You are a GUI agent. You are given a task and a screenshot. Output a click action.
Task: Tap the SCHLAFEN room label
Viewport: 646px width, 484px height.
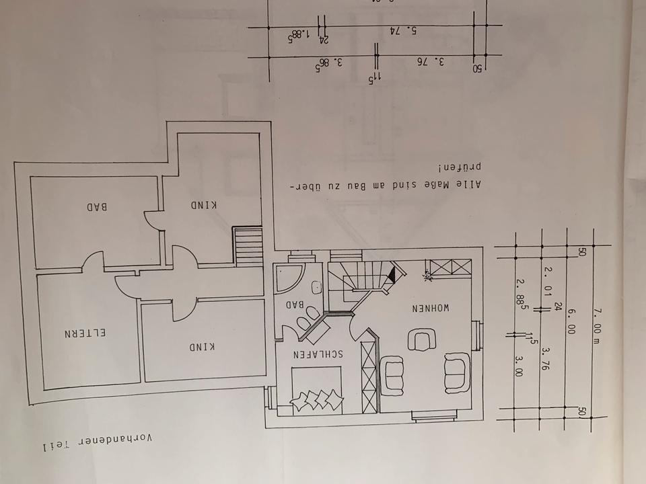click(x=320, y=354)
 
